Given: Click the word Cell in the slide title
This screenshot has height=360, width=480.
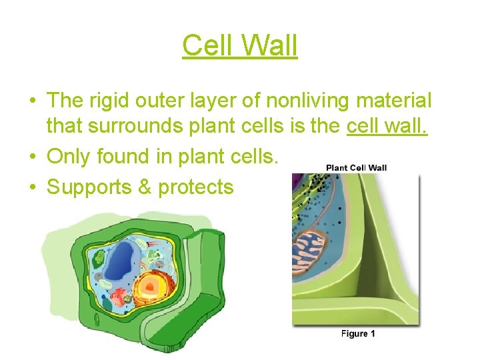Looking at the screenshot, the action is click(x=207, y=46).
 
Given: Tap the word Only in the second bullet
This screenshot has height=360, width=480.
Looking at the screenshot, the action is click(x=69, y=157).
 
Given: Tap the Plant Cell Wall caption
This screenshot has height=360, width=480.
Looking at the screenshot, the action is click(x=356, y=167).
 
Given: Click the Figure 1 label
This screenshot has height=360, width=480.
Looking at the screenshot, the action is click(x=358, y=333).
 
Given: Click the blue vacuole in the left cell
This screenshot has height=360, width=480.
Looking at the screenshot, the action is click(x=121, y=260).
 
